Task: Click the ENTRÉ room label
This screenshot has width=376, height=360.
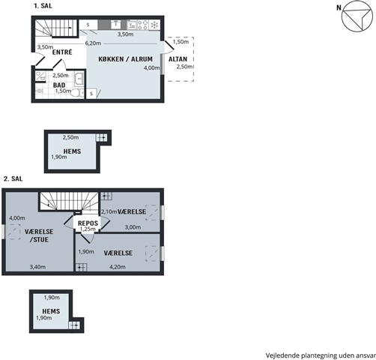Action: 62,52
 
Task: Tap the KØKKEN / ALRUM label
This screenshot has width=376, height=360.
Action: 125,59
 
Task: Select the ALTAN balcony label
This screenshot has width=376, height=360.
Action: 178,59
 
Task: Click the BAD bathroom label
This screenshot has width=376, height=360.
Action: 59,85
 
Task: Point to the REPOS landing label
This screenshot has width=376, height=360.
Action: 88,223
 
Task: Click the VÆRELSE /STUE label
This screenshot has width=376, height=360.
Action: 39,235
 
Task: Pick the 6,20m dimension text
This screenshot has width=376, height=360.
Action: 93,43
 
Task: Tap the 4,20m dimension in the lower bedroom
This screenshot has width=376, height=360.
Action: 118,267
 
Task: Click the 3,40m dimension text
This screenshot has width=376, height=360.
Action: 37,267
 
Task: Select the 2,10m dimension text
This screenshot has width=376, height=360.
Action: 109,211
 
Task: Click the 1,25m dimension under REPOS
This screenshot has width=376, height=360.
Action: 88,229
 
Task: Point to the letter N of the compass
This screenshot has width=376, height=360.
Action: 339,7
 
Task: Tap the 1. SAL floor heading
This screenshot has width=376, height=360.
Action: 43,6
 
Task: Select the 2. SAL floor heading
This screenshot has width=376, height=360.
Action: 13,178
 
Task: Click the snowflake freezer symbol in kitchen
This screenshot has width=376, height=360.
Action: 155,25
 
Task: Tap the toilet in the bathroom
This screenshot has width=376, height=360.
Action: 77,93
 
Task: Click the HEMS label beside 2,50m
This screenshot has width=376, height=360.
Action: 72,151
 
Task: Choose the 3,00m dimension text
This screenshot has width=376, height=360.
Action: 133,227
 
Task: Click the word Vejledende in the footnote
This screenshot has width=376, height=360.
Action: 282,355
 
